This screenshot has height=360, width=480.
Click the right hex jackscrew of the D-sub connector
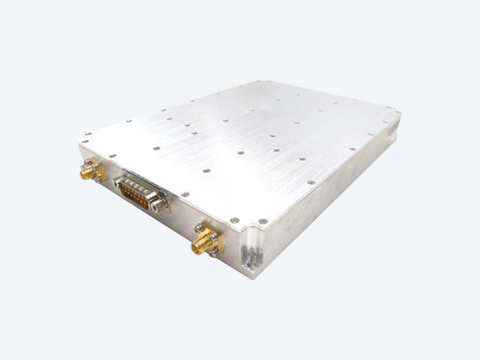click(x=160, y=205)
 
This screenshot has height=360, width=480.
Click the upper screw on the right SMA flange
click(x=198, y=227)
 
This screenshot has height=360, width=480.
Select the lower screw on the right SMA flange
click(x=214, y=253)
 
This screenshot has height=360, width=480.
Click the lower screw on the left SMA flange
click(x=98, y=179)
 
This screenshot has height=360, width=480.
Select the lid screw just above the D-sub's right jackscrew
click(x=185, y=194)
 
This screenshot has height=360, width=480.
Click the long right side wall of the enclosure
click(x=336, y=192)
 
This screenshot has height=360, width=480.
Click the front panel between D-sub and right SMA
click(x=180, y=219)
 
